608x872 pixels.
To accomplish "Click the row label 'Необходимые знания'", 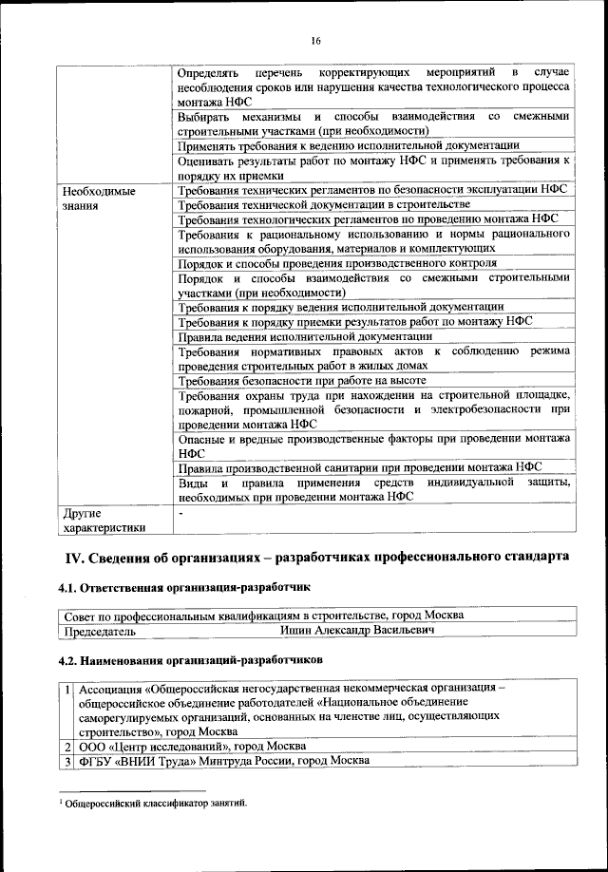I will coord(99,198).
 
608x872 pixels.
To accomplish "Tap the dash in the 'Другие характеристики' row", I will coord(180,512).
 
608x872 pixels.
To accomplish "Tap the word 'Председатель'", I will coord(99,630).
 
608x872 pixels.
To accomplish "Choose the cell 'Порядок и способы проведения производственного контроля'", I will coord(337,263).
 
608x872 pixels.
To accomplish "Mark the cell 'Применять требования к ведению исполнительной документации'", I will coord(349,145).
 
